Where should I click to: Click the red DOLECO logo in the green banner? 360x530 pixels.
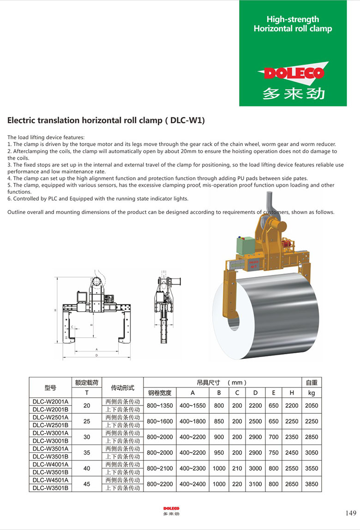point(293,73)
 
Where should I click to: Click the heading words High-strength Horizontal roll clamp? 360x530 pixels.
point(293,24)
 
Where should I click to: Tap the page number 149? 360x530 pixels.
point(351,513)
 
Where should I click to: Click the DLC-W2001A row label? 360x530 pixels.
point(50,401)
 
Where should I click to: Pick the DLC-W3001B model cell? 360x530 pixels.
point(50,441)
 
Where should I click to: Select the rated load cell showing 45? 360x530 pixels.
point(87,484)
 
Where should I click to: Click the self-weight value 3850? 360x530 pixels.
point(312,484)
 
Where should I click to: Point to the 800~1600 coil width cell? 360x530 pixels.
point(160,421)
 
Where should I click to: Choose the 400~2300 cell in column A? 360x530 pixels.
point(192,468)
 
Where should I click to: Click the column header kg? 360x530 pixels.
point(312,393)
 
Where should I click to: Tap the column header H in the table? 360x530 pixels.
point(292,393)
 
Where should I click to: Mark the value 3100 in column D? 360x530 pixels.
point(255,484)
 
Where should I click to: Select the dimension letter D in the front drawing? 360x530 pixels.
point(96,356)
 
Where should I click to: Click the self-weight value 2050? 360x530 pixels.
point(312,405)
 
